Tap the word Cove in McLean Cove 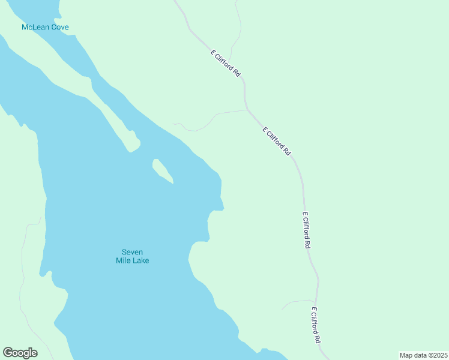tap(59, 28)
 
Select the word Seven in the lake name tap(132, 252)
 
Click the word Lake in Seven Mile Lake tap(141, 261)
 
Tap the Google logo tap(20, 353)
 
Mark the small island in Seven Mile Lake tap(162, 171)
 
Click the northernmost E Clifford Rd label tap(226, 63)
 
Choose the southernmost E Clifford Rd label tap(316, 325)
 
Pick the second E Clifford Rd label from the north tap(276, 142)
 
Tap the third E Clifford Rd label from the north tap(307, 230)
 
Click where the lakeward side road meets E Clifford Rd tap(247, 110)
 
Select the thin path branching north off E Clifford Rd tap(239, 36)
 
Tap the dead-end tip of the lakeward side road tap(173, 124)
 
